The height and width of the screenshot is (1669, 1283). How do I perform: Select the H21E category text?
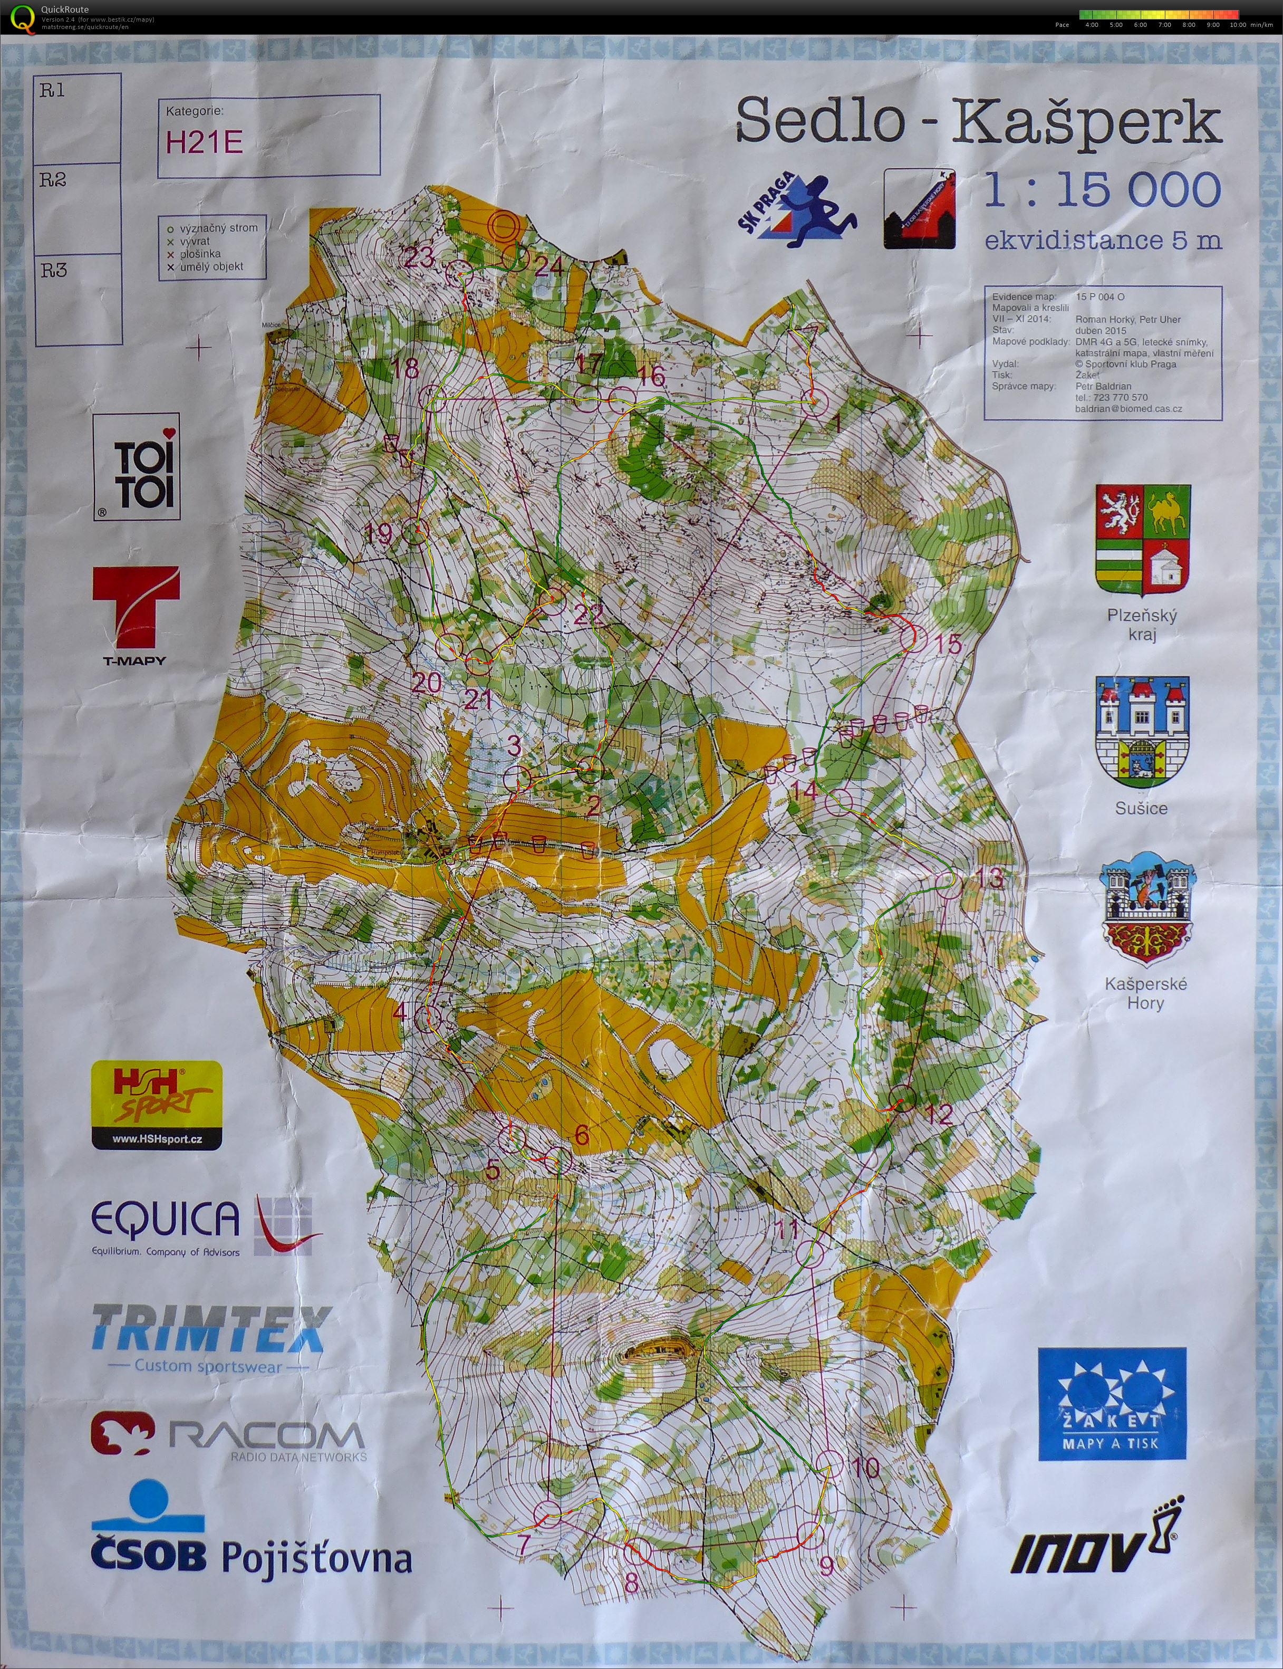click(x=205, y=143)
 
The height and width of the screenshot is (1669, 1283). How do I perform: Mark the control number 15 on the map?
click(x=948, y=644)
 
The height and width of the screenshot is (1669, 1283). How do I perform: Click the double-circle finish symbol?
click(x=503, y=226)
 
